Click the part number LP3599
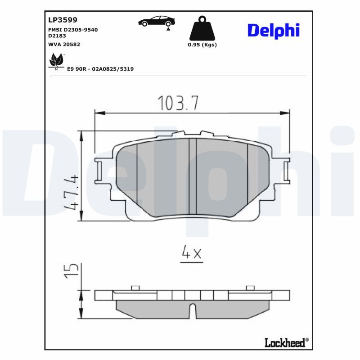[63, 20]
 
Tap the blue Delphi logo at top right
[273, 30]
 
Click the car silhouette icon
[157, 21]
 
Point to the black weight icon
[202, 29]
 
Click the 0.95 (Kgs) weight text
[202, 45]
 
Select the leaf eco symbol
[56, 60]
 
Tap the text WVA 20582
[64, 44]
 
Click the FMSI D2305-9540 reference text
[72, 30]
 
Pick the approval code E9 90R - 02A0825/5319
[100, 69]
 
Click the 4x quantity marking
[192, 254]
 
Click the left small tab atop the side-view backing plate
[135, 288]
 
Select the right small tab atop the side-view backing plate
[250, 288]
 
